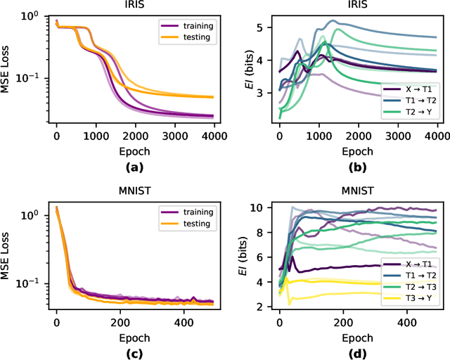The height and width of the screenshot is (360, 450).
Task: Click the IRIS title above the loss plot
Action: pyautogui.click(x=134, y=6)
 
